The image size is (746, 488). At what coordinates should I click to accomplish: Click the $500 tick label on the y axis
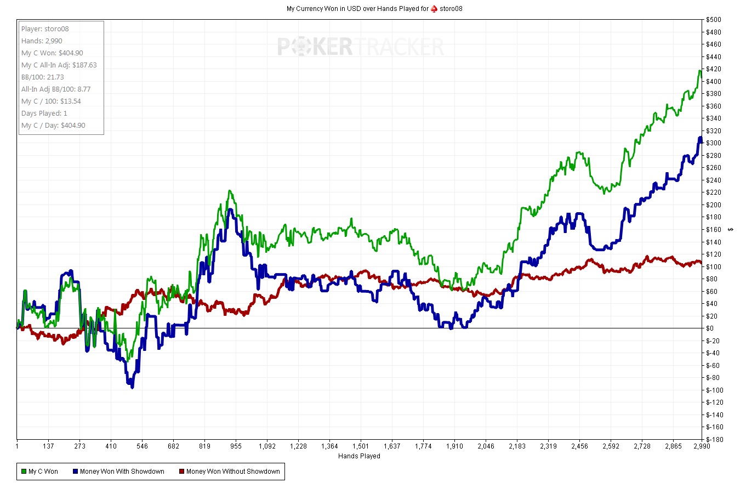pyautogui.click(x=714, y=20)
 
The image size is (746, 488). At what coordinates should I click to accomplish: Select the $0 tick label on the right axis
pyautogui.click(x=710, y=328)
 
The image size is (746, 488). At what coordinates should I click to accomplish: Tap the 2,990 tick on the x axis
pyautogui.click(x=702, y=446)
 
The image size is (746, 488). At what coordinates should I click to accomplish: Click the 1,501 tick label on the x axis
pyautogui.click(x=361, y=446)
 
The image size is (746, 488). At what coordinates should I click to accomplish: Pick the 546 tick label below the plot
pyautogui.click(x=142, y=446)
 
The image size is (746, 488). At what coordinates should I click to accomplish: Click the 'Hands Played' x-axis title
pyautogui.click(x=359, y=456)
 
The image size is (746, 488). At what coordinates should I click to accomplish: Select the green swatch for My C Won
pyautogui.click(x=24, y=471)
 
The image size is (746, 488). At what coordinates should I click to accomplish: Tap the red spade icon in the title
pyautogui.click(x=434, y=9)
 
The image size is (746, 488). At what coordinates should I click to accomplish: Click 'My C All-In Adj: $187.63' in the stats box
pyautogui.click(x=59, y=65)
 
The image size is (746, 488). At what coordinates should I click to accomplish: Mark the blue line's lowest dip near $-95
pyautogui.click(x=132, y=387)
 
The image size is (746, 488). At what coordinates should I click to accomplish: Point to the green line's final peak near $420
pyautogui.click(x=699, y=71)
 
